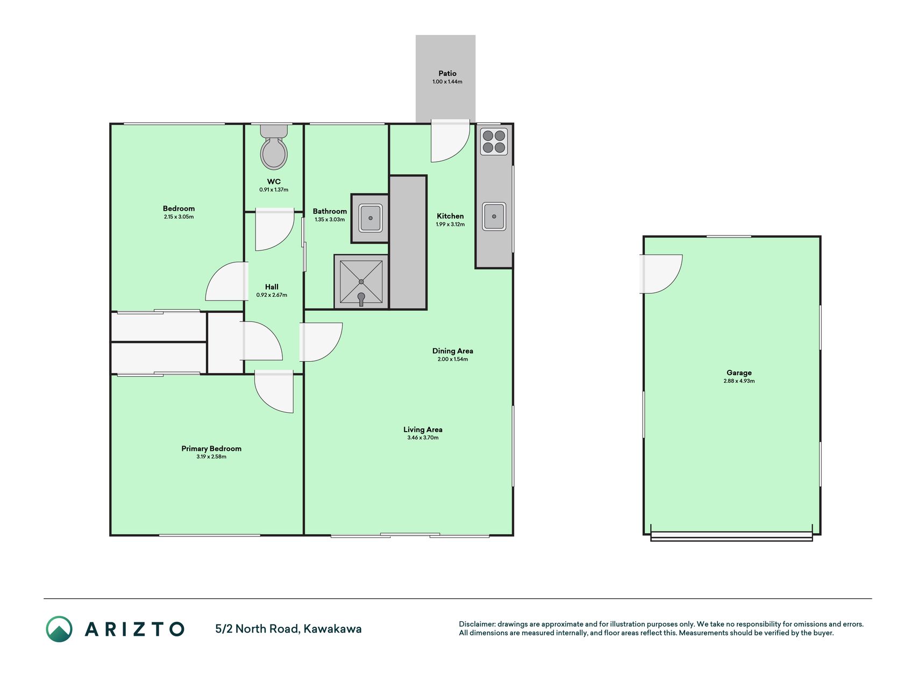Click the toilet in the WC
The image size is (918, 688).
click(274, 147)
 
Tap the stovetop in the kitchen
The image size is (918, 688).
click(494, 141)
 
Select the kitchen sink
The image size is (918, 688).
click(494, 216)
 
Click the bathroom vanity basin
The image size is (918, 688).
click(371, 218)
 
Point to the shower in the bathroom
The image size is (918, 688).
click(361, 282)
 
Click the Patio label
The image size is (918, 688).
click(447, 73)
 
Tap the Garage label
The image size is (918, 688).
click(739, 372)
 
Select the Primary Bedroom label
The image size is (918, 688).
click(211, 448)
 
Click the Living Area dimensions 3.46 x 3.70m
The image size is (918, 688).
click(423, 438)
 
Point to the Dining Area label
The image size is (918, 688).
click(453, 351)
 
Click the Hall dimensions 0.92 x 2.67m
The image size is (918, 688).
click(272, 295)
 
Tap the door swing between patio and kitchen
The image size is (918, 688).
click(451, 141)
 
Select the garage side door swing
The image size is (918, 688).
click(661, 274)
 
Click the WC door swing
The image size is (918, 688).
click(274, 231)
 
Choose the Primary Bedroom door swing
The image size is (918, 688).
click(274, 391)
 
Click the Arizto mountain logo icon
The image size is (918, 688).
click(59, 629)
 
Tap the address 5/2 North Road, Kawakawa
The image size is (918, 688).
click(288, 629)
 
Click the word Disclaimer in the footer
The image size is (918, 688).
click(476, 624)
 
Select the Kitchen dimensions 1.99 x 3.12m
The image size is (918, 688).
click(450, 224)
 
